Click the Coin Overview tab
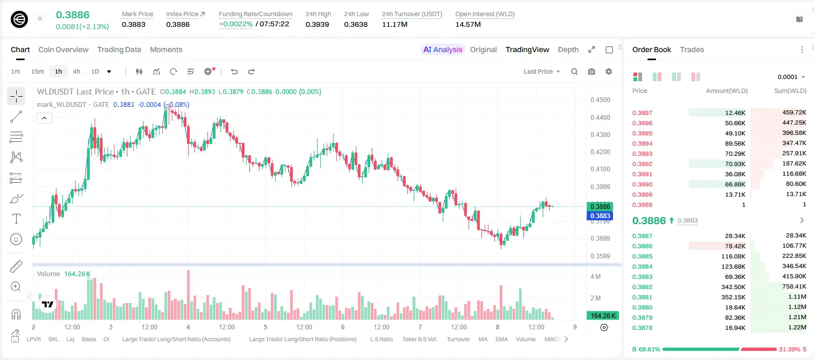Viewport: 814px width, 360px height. click(x=63, y=49)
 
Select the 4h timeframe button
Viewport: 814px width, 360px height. click(x=76, y=71)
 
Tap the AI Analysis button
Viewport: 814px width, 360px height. click(x=443, y=49)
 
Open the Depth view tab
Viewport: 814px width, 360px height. click(x=568, y=49)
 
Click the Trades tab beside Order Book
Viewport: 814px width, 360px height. click(x=692, y=49)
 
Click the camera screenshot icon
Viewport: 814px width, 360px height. click(x=592, y=71)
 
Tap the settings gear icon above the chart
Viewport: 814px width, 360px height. click(x=609, y=71)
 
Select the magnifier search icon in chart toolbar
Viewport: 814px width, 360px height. click(x=574, y=71)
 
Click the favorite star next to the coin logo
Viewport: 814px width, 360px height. click(x=40, y=18)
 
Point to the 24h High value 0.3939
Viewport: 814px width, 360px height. click(x=317, y=24)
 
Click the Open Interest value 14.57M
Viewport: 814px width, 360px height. click(x=468, y=24)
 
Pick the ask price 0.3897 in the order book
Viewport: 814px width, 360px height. click(x=642, y=113)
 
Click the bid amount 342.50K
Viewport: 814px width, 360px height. click(x=733, y=287)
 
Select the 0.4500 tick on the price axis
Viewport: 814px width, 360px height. click(x=600, y=100)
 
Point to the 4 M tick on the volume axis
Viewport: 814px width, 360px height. click(x=596, y=277)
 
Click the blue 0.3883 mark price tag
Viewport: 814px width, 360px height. click(x=600, y=216)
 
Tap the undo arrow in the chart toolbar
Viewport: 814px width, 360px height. click(x=234, y=71)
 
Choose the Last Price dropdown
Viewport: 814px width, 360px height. click(x=542, y=71)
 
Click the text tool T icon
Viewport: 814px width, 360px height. click(x=16, y=219)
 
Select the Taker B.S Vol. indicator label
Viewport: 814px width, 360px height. click(x=419, y=339)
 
